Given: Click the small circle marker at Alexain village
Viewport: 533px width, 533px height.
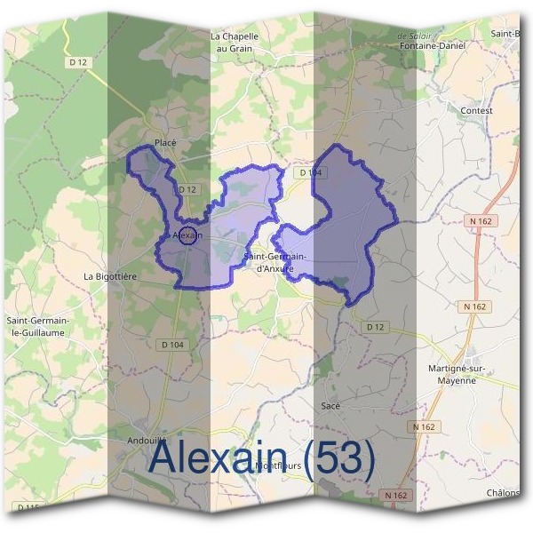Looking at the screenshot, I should (x=187, y=235).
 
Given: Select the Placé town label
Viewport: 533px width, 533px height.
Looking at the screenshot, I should (x=166, y=142).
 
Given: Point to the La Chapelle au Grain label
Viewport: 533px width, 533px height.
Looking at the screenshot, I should (x=235, y=43).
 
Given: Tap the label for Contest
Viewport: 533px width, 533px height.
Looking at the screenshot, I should (x=476, y=110).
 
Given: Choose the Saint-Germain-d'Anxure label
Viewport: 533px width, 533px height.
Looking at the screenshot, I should (x=274, y=261).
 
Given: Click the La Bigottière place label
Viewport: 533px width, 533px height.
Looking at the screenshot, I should (x=110, y=276).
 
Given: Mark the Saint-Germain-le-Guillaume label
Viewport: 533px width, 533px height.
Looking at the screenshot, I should (x=39, y=326).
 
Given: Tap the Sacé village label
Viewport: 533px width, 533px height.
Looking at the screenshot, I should (x=330, y=405).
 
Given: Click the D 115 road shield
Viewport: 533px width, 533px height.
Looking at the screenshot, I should (x=28, y=507).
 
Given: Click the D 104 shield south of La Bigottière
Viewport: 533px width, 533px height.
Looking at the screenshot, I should (x=174, y=344).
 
